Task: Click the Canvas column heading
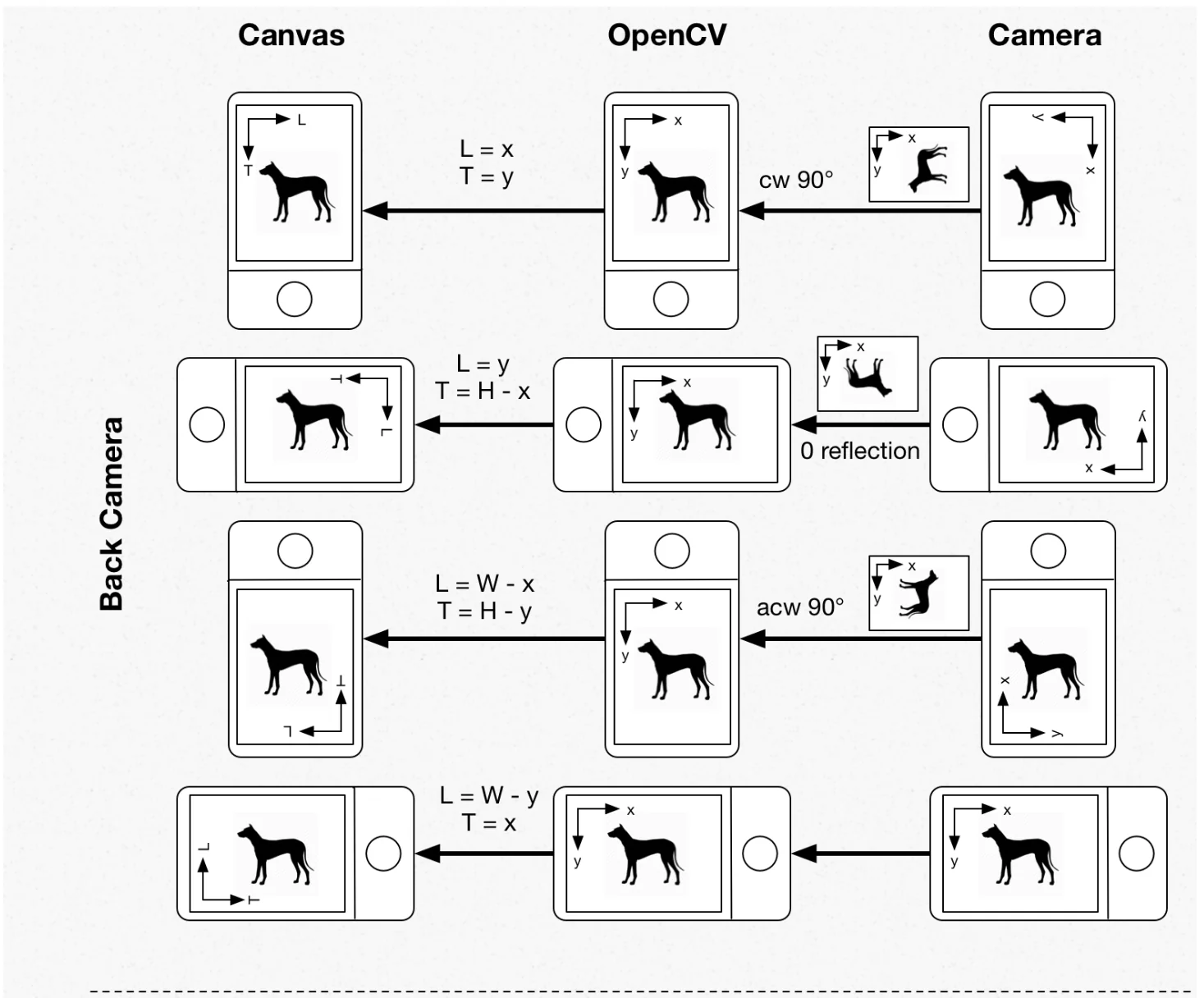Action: pyautogui.click(x=291, y=35)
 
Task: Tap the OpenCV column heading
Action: pyautogui.click(x=667, y=36)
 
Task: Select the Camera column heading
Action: pyautogui.click(x=1045, y=35)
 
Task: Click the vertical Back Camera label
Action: pyautogui.click(x=112, y=514)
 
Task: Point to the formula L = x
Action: pyautogui.click(x=487, y=149)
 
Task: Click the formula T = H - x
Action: pyautogui.click(x=483, y=391)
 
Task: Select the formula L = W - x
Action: pyautogui.click(x=485, y=584)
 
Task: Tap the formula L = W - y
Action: pyautogui.click(x=489, y=796)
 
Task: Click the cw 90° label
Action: pyautogui.click(x=796, y=181)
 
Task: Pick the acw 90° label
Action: pyautogui.click(x=800, y=607)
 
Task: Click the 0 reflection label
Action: pyautogui.click(x=860, y=451)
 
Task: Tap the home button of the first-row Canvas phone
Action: pyautogui.click(x=295, y=300)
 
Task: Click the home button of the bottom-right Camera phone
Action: pyautogui.click(x=1137, y=854)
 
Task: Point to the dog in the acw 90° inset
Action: pyautogui.click(x=919, y=593)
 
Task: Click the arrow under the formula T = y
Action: pyautogui.click(x=483, y=211)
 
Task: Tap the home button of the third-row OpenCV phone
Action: pyautogui.click(x=672, y=551)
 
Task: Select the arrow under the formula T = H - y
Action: pyautogui.click(x=484, y=639)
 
